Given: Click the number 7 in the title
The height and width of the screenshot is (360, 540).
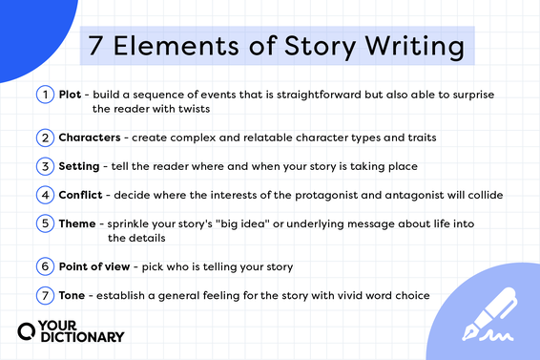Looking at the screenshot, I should (96, 46).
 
